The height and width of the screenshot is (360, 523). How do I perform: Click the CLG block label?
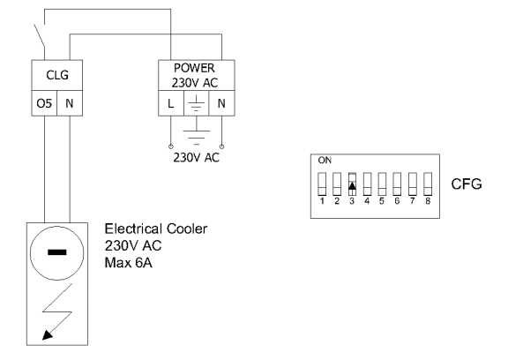(57, 75)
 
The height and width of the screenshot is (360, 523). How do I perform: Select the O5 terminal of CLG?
(44, 103)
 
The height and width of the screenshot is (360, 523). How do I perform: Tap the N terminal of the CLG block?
(70, 103)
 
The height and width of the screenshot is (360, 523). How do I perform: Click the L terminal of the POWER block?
(171, 104)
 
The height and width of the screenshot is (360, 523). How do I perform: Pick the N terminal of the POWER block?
(221, 104)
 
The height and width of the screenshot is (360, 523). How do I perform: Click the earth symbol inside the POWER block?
(197, 103)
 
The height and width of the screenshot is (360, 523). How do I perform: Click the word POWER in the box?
(194, 68)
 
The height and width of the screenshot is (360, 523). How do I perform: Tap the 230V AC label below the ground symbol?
(196, 157)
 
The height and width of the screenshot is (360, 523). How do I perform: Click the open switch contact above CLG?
(40, 36)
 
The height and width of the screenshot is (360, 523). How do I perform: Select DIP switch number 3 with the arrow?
(352, 184)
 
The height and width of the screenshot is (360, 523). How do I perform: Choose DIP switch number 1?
(322, 184)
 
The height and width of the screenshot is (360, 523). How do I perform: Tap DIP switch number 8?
(428, 184)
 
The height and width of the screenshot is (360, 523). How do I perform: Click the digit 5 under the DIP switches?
(382, 201)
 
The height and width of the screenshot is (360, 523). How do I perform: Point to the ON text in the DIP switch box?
(325, 161)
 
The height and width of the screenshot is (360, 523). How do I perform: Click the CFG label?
(467, 184)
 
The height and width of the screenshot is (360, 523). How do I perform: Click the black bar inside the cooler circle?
(57, 252)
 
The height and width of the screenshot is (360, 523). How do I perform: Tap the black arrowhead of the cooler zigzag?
(48, 334)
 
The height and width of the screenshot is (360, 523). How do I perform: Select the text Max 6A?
(129, 263)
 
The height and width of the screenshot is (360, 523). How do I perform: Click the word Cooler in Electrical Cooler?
(187, 229)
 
